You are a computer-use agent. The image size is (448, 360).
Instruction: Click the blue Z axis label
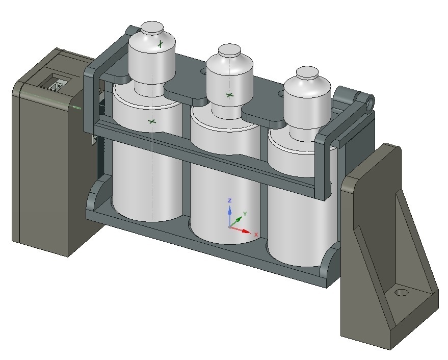230,200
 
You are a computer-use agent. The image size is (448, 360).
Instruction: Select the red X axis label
256,234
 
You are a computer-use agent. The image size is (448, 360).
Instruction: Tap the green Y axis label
245,213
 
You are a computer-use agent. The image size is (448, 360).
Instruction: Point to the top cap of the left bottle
150,28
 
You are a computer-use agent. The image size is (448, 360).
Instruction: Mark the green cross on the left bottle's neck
161,44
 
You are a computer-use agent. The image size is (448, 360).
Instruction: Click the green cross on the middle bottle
229,95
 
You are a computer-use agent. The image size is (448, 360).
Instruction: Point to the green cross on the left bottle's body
151,121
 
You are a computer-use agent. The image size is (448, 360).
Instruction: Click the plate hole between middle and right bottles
280,94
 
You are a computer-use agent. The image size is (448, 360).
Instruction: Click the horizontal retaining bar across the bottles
204,153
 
